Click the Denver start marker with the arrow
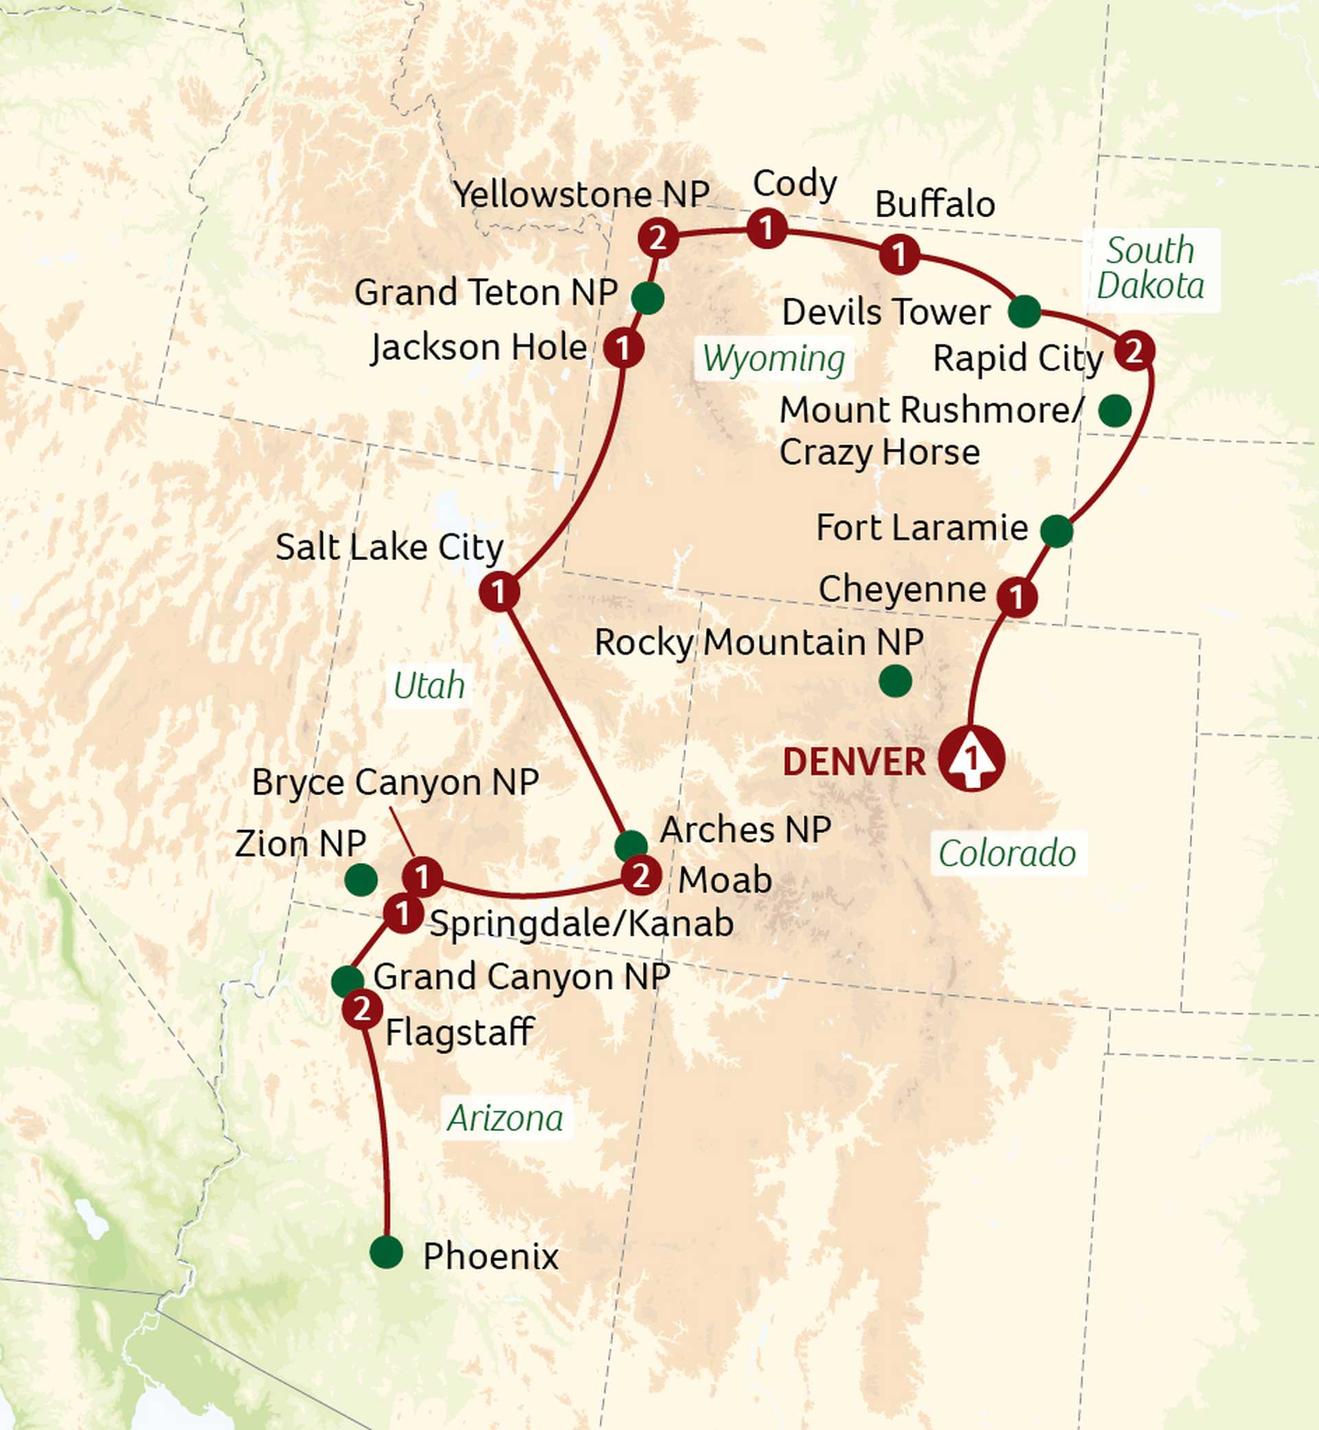point(971,758)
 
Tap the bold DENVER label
point(854,763)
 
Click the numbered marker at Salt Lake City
point(499,591)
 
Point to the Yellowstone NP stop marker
point(658,238)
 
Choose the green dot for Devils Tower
point(1024,311)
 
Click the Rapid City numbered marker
point(1134,350)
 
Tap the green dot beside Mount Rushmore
point(1114,410)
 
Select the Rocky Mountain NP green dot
point(895,680)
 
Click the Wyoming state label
point(774,359)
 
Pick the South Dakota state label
point(1151,269)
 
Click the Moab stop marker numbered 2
point(640,876)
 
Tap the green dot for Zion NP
point(361,880)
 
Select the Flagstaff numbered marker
point(362,1009)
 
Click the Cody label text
point(794,184)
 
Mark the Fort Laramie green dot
point(1057,530)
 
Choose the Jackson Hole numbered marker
point(624,348)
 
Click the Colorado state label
point(1007,853)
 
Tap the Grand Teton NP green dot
point(647,298)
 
